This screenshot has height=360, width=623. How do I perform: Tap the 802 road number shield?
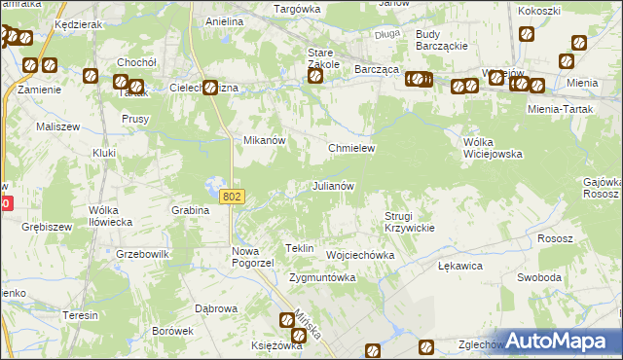pos(231,197)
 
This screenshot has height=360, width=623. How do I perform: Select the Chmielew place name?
pos(351,148)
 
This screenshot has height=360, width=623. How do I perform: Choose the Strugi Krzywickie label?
pos(408,221)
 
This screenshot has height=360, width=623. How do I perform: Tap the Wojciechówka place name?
pos(360,255)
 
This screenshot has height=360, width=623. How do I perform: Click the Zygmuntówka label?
pos(322,277)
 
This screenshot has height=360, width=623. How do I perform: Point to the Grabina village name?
pos(191,210)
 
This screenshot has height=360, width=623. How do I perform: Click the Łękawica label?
pos(460,265)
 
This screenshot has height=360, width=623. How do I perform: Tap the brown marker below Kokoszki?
pos(527,35)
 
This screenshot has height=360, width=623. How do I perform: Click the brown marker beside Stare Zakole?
pos(314,76)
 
